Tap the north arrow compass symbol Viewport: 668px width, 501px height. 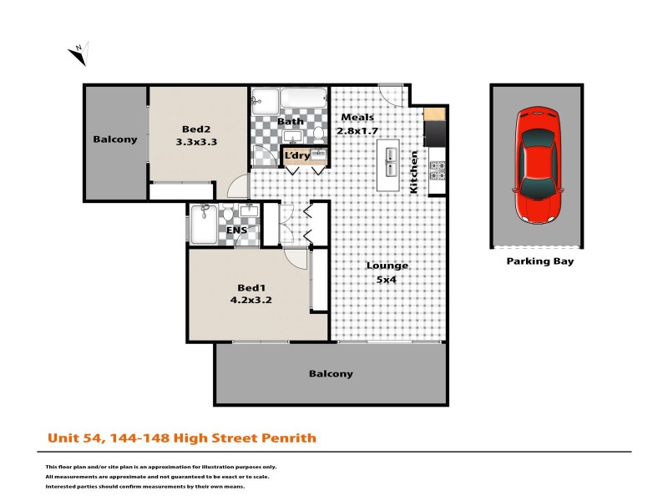pos(78,53)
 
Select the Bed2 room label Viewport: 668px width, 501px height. pos(196,129)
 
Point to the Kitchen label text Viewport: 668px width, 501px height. pos(412,172)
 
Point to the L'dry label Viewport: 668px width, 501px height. pos(297,156)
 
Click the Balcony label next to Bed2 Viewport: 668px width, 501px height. pos(115,139)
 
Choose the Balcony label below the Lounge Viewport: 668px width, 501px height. pos(331,374)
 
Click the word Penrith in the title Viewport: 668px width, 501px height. pos(289,437)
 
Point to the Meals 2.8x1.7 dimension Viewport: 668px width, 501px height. pos(357,131)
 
